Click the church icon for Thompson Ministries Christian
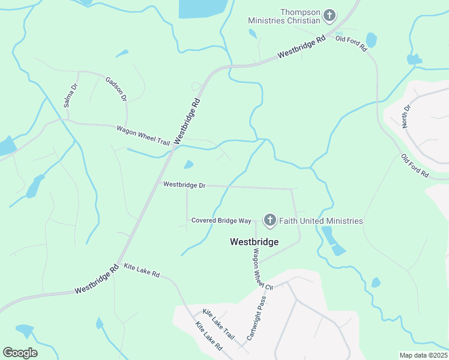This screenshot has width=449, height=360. (329, 14)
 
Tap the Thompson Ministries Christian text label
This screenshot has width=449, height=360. (285, 16)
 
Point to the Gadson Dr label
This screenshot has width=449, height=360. (116, 89)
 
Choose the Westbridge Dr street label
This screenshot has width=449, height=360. (184, 185)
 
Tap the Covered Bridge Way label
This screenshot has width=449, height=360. (221, 221)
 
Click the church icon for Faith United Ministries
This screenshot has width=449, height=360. (270, 221)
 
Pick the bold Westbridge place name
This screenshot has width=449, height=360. (255, 242)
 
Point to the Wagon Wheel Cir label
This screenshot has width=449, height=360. (263, 269)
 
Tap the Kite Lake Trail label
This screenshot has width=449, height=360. (217, 322)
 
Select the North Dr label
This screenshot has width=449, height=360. (406, 116)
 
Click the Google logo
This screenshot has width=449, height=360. (20, 353)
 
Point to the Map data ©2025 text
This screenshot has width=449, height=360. (423, 355)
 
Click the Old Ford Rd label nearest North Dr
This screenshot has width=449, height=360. (415, 166)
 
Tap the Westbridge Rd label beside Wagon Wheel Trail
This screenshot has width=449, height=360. (186, 121)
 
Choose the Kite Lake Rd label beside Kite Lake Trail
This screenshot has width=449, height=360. (209, 336)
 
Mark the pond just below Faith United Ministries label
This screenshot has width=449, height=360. (332, 238)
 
